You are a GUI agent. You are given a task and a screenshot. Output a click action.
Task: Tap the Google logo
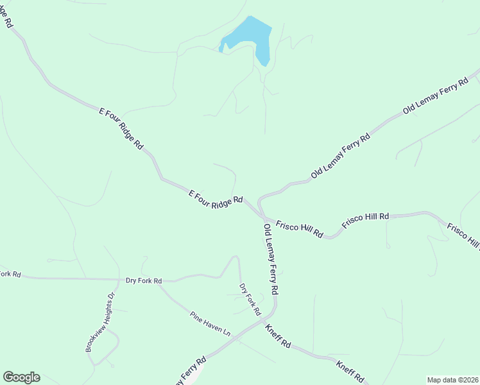[x=21, y=377]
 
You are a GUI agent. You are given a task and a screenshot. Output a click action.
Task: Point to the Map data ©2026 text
[x=453, y=379]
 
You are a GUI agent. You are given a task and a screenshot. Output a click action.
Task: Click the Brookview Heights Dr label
[x=99, y=323]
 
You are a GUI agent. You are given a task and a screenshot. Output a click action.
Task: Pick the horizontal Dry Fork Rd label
[x=144, y=280]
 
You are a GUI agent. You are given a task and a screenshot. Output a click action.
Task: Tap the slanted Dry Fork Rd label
[x=250, y=298]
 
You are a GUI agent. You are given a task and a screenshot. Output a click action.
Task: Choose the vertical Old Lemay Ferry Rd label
[x=270, y=259]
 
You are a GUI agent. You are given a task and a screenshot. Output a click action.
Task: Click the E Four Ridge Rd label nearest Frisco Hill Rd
[x=216, y=197]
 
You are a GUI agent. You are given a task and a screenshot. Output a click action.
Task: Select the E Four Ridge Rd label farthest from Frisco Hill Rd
[x=120, y=128]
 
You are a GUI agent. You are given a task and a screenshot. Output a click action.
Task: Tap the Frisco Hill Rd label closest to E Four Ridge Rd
[x=299, y=229]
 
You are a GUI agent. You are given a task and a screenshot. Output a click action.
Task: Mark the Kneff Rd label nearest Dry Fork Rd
[x=278, y=336]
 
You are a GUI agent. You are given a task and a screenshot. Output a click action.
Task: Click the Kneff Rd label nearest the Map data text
[x=350, y=372]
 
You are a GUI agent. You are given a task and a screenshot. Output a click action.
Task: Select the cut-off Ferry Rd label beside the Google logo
[x=190, y=370]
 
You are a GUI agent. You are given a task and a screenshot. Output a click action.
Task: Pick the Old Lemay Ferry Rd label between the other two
[x=341, y=155]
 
